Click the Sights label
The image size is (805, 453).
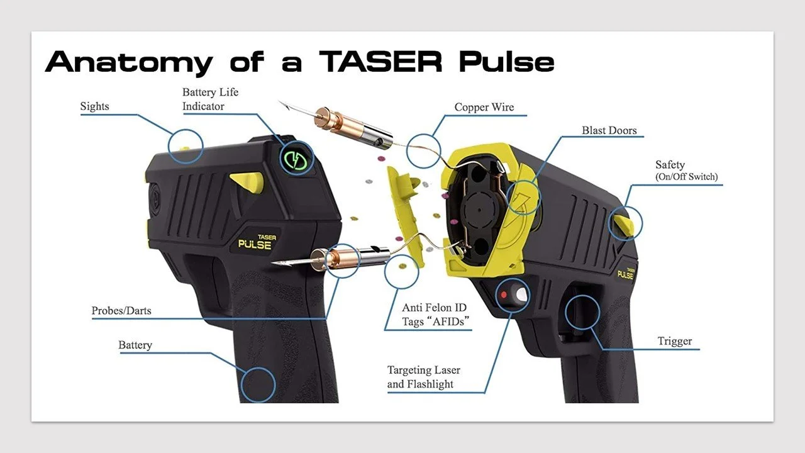pos(94,106)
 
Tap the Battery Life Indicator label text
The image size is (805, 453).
pos(210,99)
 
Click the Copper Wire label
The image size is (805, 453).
pos(484,107)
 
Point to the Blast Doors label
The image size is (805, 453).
pos(609,130)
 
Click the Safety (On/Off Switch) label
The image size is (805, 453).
pos(686,171)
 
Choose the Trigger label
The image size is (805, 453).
pos(674,341)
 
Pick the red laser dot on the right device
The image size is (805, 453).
pos(504,294)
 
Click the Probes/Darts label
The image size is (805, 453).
pos(121,310)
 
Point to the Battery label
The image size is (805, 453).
pos(135,345)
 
